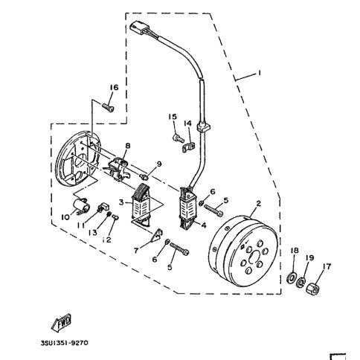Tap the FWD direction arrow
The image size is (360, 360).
pos(61,323)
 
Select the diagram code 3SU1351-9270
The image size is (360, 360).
pos(64,343)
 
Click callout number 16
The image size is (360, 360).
pos(115,87)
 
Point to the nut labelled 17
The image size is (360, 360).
pos(313,289)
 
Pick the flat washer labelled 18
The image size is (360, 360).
pos(292,277)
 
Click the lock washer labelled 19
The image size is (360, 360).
pos(301,283)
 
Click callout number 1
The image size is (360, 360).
pos(259,73)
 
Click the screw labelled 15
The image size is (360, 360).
pos(179,138)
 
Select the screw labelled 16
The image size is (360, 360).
pos(108,108)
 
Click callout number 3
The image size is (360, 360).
pos(121,202)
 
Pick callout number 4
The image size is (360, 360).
pos(204,225)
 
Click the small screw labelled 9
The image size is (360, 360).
pos(144,177)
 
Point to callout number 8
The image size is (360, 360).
pos(128,146)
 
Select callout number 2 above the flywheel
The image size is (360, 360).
pos(259,203)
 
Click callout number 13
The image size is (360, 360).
pos(93,233)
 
